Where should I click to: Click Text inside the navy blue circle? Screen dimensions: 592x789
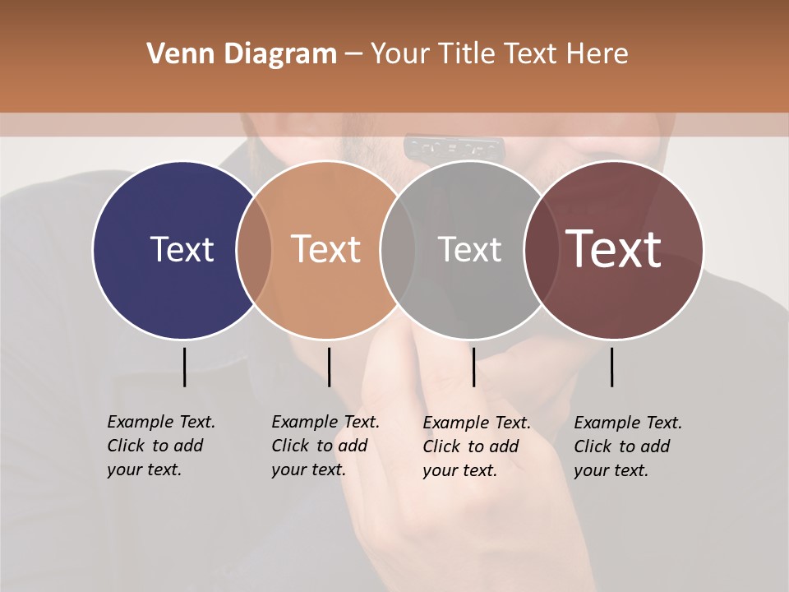pos(182,249)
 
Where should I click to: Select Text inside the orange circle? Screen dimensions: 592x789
pos(326,249)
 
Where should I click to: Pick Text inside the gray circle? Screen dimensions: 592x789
pos(469,249)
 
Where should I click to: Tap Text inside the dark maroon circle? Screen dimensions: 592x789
pos(614,249)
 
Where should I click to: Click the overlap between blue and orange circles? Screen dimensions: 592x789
pos(254,250)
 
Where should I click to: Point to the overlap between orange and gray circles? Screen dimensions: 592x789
pos(398,250)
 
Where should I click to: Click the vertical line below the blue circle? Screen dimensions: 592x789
pos(184,367)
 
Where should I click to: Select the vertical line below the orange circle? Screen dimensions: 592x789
pos(329,367)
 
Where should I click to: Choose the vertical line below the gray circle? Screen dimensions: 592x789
pos(473,367)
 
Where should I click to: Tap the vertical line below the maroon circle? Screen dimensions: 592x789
pos(611,367)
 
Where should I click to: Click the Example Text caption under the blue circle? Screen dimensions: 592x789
pos(160,446)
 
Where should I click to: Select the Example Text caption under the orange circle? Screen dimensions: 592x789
pos(325,446)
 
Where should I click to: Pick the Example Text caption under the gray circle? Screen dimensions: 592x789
pos(476,446)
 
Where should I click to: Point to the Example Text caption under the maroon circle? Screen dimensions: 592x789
pos(627,446)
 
